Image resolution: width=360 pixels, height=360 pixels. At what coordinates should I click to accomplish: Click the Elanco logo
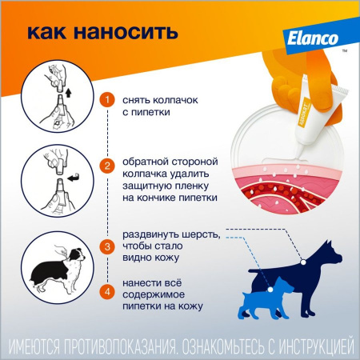pos(313,39)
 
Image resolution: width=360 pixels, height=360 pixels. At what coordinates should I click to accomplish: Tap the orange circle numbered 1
pos(107,100)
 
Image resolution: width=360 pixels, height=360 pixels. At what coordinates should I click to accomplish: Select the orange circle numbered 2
pos(107,166)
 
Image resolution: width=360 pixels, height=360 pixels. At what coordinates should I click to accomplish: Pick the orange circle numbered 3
pos(107,246)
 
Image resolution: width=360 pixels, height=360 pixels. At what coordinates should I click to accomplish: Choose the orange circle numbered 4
pos(107,291)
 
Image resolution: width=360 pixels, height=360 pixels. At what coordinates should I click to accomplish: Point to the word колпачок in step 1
pos(175,100)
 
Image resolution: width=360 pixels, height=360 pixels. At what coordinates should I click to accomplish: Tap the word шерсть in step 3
pos(202,235)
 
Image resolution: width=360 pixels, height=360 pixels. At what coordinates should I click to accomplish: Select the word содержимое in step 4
pos(154,294)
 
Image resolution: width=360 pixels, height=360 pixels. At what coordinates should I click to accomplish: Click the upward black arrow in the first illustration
pos(68,93)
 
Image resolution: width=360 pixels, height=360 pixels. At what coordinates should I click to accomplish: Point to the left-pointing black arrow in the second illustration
pos(73,178)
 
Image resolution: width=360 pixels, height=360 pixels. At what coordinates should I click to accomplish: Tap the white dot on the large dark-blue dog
pos(303,262)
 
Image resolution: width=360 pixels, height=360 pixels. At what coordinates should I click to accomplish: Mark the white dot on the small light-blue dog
pos(270,290)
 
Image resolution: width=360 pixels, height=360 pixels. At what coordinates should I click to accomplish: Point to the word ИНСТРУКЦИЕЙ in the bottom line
pos(317,346)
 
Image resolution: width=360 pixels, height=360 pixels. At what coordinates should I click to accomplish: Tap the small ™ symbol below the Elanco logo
pos(344,50)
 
